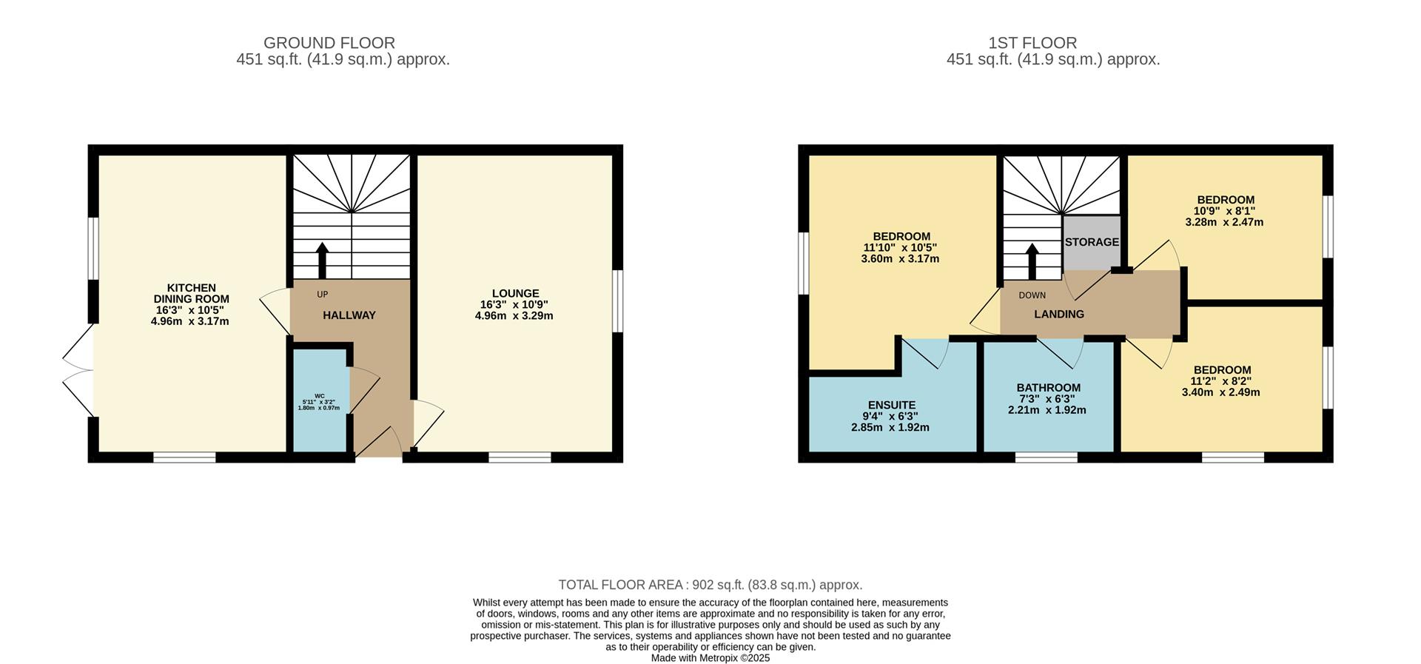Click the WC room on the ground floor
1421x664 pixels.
[320, 400]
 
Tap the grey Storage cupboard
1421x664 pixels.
[1092, 243]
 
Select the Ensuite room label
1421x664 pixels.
[892, 405]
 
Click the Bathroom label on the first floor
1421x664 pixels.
[1048, 387]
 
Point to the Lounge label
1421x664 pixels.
[515, 293]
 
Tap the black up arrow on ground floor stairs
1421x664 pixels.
[322, 261]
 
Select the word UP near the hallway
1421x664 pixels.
[322, 295]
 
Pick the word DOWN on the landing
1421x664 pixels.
[1032, 295]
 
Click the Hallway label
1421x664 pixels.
[349, 315]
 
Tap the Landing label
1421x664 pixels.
[1059, 314]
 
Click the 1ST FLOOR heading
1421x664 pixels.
[1032, 43]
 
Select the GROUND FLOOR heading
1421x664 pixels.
[329, 43]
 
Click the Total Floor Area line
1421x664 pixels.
[710, 585]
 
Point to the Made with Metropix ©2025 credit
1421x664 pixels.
[710, 658]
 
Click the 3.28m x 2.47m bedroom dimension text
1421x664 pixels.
[1224, 222]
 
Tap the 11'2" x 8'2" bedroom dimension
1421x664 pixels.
[1220, 381]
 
